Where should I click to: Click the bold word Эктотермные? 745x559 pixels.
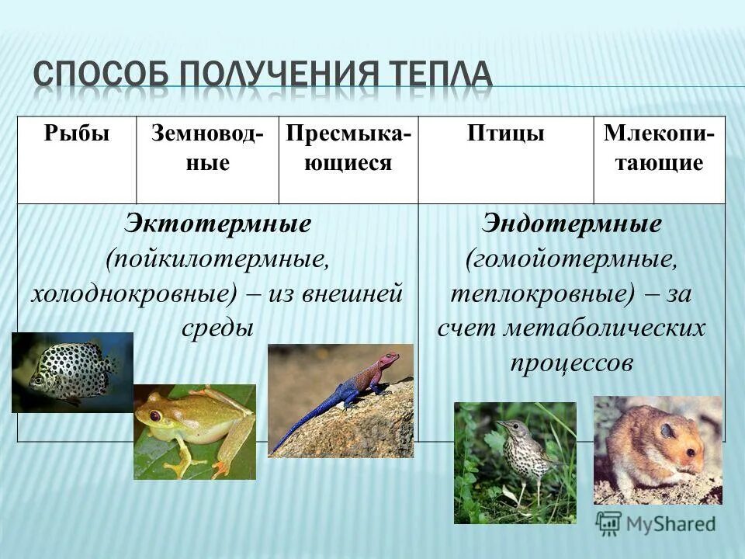click(218, 224)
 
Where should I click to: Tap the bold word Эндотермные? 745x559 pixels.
click(572, 224)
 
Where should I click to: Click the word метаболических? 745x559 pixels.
click(605, 328)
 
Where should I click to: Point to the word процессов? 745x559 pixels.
click(572, 363)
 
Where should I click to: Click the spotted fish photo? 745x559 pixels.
click(71, 371)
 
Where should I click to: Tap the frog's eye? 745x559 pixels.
click(155, 416)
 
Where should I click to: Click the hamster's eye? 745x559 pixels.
click(665, 429)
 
